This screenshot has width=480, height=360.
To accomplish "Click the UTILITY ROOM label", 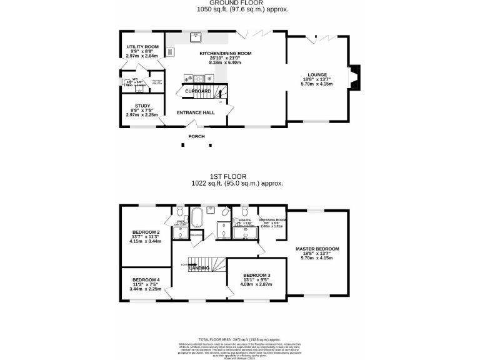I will [x=142, y=46].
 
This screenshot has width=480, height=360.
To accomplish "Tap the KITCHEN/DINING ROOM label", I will [x=225, y=54].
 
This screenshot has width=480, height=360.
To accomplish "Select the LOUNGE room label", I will [x=316, y=73].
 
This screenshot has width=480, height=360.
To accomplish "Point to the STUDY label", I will [x=142, y=106].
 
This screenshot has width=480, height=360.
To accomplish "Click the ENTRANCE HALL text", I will [x=196, y=112].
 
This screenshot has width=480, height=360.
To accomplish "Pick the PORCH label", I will [x=197, y=136].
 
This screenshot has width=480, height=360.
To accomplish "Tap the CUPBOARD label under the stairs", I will [x=197, y=91].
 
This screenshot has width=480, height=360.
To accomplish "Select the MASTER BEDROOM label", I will [x=317, y=249].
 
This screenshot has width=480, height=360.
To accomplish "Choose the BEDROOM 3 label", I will [x=257, y=276].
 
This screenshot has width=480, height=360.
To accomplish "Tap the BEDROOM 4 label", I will [x=145, y=279].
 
